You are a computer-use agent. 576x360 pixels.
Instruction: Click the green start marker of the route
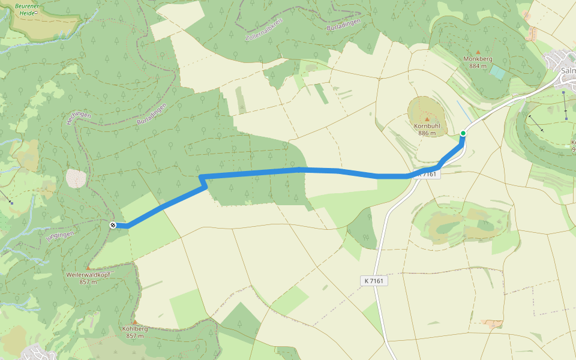point(463,133)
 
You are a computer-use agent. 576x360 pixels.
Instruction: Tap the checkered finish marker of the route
point(113,225)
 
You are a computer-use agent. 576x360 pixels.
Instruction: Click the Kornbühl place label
point(427,127)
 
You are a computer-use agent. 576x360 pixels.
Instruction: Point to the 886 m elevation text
point(427,134)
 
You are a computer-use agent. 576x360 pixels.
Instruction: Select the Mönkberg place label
point(478,59)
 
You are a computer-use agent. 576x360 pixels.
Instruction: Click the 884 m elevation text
point(478,66)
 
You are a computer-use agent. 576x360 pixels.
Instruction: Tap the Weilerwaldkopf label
point(88,274)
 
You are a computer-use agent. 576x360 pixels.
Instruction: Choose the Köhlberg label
point(135,329)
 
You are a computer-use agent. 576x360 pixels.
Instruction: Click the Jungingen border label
point(60,228)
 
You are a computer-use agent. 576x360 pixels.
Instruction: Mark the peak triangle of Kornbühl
point(427,119)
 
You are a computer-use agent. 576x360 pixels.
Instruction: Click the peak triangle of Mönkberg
point(478,52)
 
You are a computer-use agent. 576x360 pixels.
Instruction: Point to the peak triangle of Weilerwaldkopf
point(88,267)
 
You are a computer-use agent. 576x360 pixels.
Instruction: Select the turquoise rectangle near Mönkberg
point(497,72)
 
